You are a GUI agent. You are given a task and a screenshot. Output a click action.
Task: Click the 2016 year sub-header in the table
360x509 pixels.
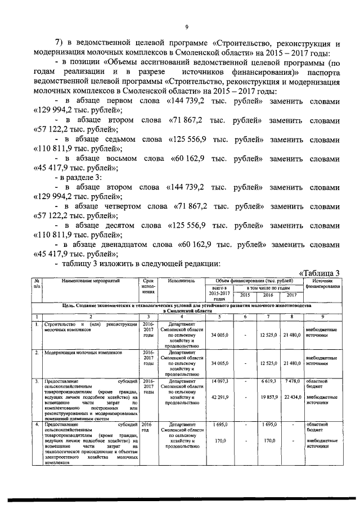click(x=268, y=295)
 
